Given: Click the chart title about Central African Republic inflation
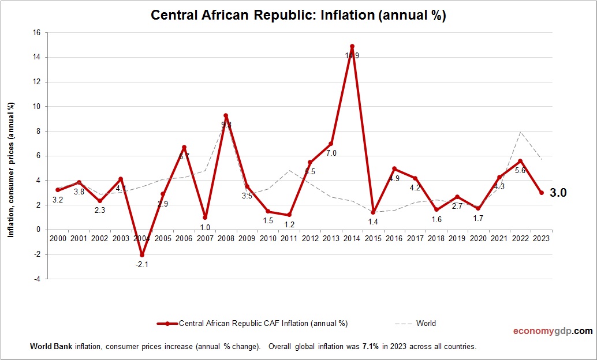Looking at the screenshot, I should pyautogui.click(x=298, y=15).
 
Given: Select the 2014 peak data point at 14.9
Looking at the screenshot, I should pyautogui.click(x=352, y=46).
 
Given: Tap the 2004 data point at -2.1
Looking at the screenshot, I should pyautogui.click(x=142, y=255).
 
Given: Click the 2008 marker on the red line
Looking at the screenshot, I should pyautogui.click(x=226, y=115).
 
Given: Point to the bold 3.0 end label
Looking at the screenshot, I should pyautogui.click(x=558, y=193).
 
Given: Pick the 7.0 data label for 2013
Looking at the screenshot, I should pyautogui.click(x=331, y=153).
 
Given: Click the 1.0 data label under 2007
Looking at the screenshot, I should pyautogui.click(x=205, y=227).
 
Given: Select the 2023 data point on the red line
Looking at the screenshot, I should pyautogui.click(x=542, y=193).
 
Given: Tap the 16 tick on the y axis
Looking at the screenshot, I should pyautogui.click(x=36, y=33).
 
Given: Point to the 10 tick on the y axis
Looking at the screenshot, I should pyautogui.click(x=36, y=107).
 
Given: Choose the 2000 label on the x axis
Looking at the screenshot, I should pyautogui.click(x=58, y=238).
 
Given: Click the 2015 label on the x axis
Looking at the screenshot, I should pyautogui.click(x=373, y=238).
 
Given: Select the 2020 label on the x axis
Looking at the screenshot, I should pyautogui.click(x=478, y=238).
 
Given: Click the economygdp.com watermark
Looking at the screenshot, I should pyautogui.click(x=553, y=331).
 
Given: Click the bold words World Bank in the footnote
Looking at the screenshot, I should pyautogui.click(x=48, y=347).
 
